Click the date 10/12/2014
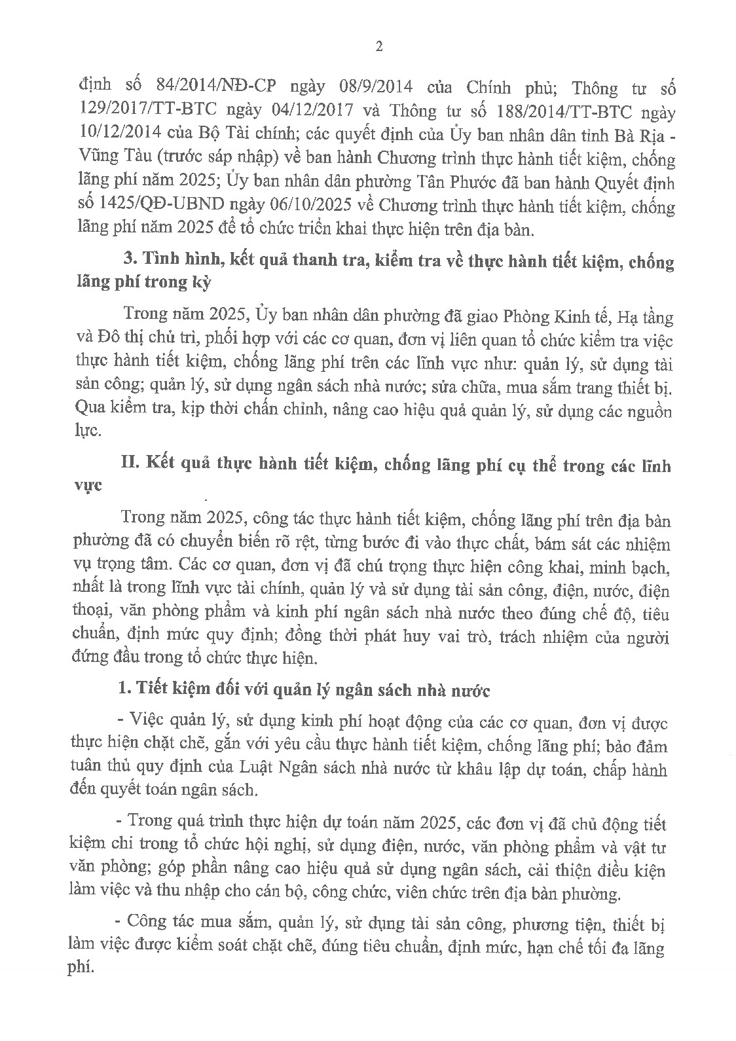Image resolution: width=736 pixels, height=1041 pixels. click(x=120, y=135)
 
